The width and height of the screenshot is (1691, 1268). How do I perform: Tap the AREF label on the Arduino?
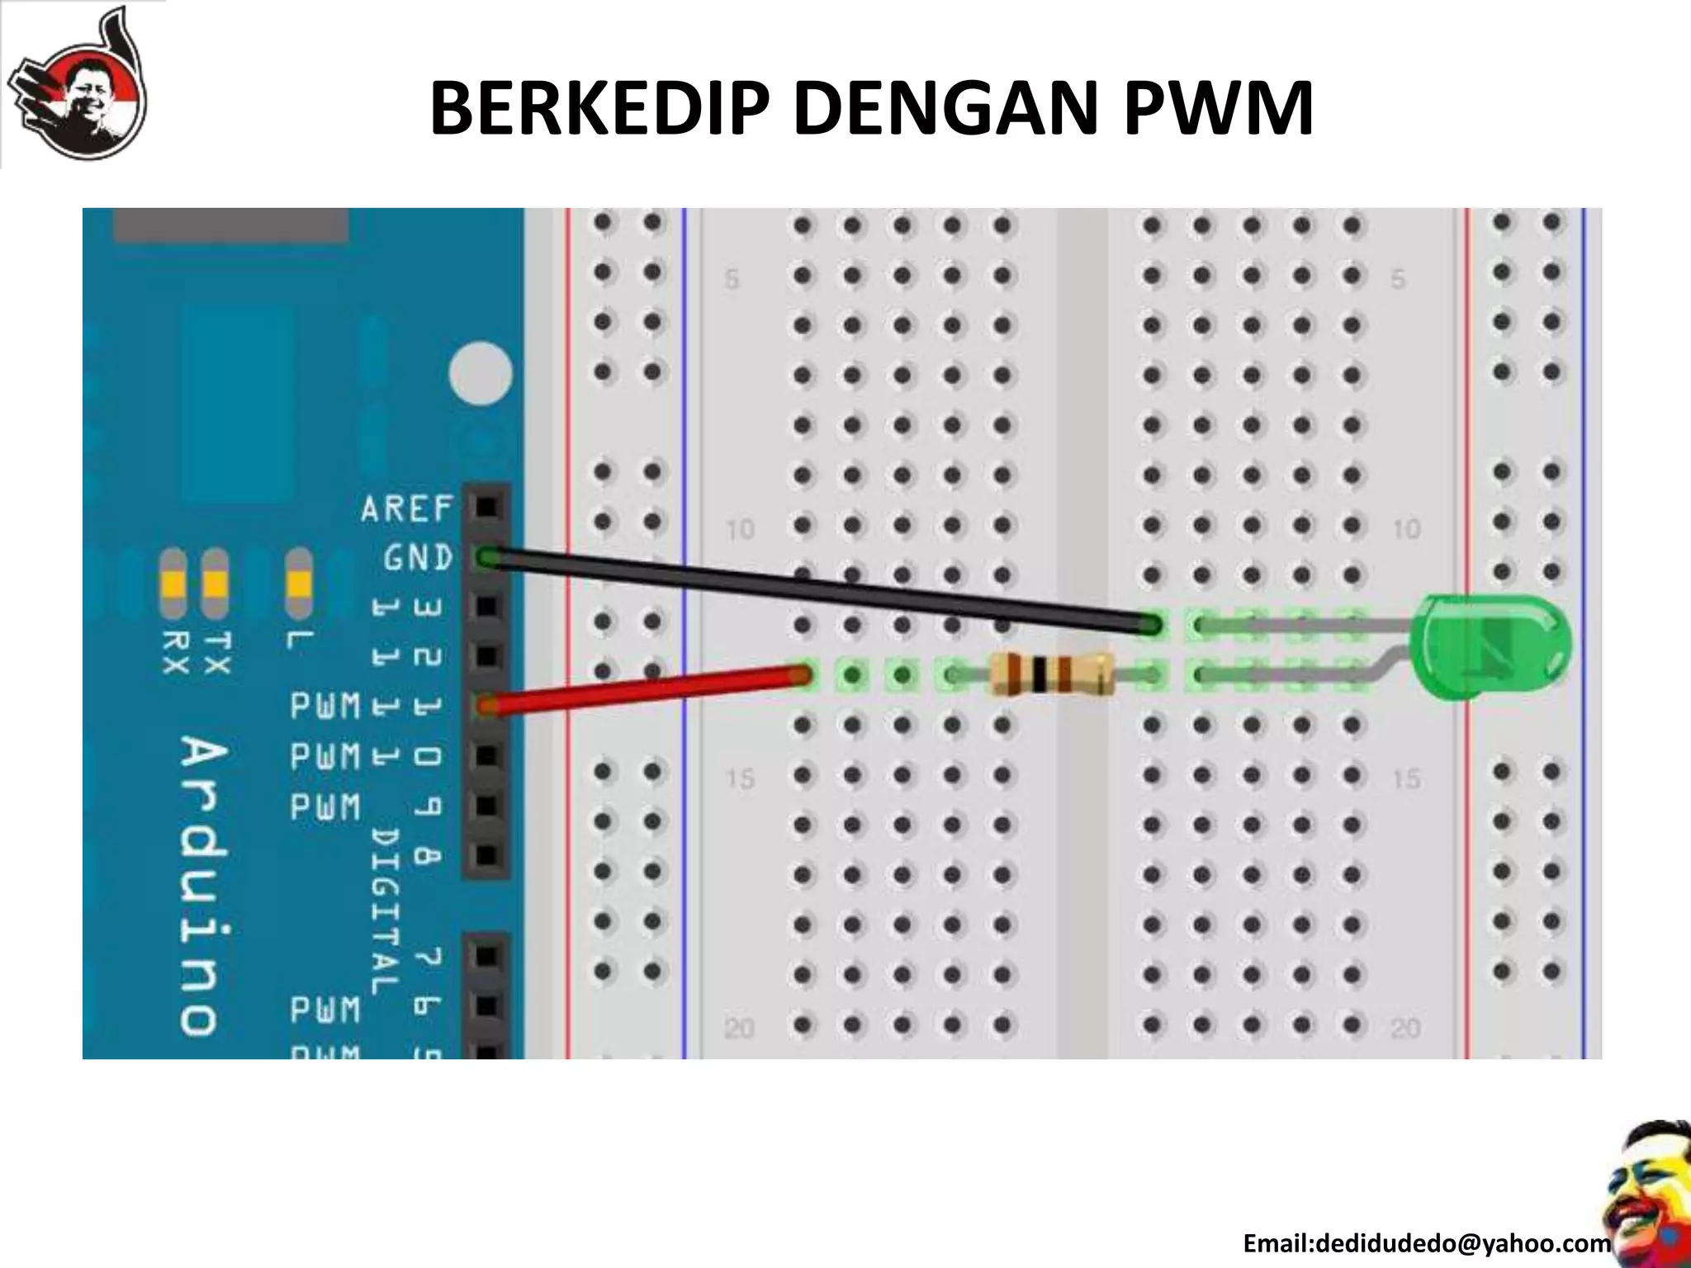click(407, 509)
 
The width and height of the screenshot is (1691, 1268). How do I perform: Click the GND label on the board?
click(418, 559)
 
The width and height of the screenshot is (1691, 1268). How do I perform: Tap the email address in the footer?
click(1427, 1242)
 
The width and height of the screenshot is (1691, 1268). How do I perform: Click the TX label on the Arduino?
click(216, 652)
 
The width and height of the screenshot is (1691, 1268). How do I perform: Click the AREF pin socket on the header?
click(488, 506)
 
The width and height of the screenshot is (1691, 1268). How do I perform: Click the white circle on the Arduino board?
click(481, 373)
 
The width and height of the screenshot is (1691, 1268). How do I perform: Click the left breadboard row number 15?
click(740, 778)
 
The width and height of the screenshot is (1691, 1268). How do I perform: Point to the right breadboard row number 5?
click(1398, 279)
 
